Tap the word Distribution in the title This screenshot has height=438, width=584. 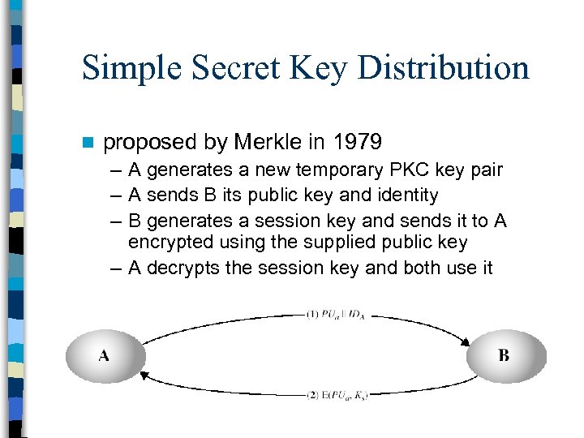tap(444, 68)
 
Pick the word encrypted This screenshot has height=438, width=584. tap(165, 243)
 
